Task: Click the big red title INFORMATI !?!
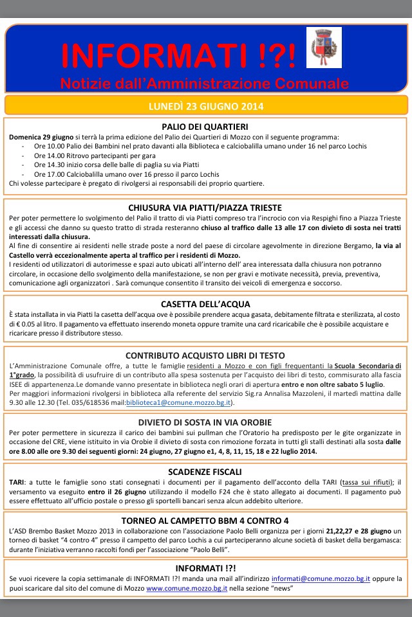[x=178, y=57]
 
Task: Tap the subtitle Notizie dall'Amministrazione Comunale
[x=204, y=84]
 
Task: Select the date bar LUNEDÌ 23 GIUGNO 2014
[x=206, y=105]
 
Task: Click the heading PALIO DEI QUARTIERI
[x=206, y=127]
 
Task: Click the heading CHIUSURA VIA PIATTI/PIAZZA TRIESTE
[x=206, y=208]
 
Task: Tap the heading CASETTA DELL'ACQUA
[x=206, y=304]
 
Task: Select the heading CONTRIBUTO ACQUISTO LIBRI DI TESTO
[x=206, y=355]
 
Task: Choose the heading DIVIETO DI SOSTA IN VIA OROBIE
[x=206, y=422]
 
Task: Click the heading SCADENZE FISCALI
[x=206, y=470]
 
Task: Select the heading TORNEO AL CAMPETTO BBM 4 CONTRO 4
[x=206, y=520]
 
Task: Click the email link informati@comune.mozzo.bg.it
[x=321, y=579]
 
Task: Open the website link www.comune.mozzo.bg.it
[x=185, y=589]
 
